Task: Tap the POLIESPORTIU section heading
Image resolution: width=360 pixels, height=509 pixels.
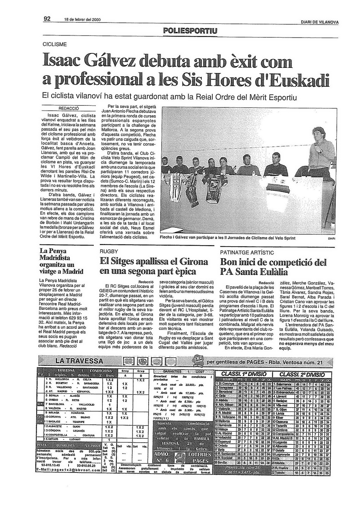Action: [190, 31]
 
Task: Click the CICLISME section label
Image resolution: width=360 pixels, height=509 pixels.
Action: [54, 45]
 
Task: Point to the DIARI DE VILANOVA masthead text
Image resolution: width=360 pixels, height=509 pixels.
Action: [320, 22]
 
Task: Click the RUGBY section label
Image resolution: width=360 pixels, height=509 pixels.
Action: [109, 252]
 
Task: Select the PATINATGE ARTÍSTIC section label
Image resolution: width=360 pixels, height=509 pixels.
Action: [247, 253]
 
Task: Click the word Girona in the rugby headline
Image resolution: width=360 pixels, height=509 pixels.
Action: [193, 262]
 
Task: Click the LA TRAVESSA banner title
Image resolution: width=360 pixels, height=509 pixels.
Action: [79, 361]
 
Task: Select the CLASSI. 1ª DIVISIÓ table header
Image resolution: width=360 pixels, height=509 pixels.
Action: [244, 374]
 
